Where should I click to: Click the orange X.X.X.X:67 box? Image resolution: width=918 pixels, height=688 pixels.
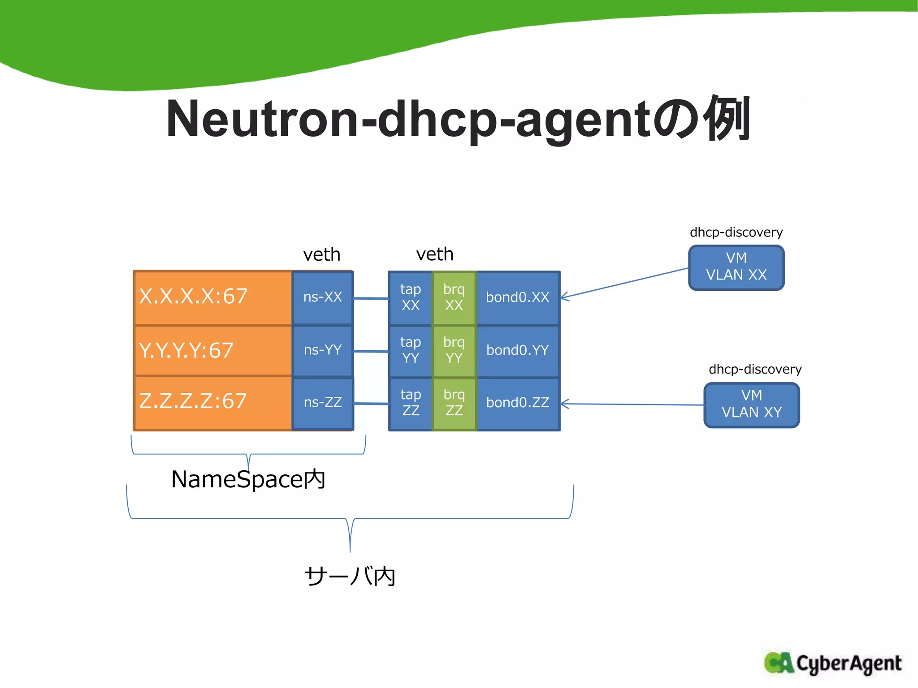213,297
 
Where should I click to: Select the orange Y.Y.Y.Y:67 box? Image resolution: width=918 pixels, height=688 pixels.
213,351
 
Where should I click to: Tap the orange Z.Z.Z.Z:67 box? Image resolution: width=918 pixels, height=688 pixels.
213,402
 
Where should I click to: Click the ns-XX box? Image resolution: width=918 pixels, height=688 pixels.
322,297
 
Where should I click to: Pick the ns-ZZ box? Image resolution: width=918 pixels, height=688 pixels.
322,402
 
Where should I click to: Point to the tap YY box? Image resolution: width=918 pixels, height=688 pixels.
410,350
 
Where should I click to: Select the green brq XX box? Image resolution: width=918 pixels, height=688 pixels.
454,297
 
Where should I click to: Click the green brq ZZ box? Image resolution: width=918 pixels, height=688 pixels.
454,403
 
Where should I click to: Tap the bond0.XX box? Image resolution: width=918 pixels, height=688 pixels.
517,297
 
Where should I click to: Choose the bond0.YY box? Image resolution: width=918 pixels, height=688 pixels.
517,350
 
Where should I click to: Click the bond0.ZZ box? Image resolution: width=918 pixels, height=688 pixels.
517,403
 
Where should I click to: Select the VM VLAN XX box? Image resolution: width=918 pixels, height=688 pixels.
736,267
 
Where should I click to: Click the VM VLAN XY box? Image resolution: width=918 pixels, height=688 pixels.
751,404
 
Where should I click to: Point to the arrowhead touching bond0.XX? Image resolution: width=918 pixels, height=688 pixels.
564,297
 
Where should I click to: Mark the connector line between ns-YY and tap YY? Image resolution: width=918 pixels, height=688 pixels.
371,351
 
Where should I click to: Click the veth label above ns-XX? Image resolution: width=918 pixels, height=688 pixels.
321,254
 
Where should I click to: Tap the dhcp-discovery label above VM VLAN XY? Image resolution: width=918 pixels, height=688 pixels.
755,369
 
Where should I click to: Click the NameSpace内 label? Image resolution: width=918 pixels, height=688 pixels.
248,479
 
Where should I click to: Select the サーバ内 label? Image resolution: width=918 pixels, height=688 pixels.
350,576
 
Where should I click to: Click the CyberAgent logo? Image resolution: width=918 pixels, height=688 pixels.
832,663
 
